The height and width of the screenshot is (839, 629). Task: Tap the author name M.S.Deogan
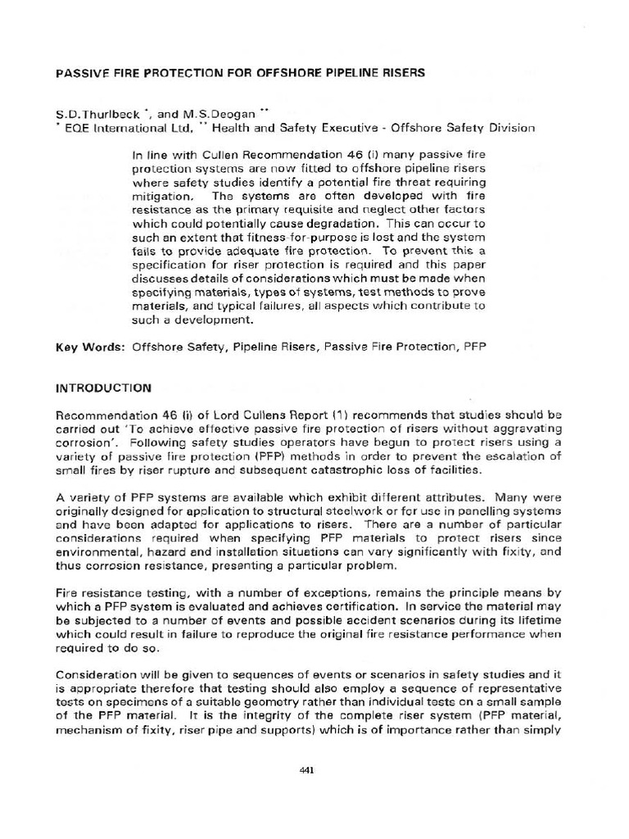pos(225,114)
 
